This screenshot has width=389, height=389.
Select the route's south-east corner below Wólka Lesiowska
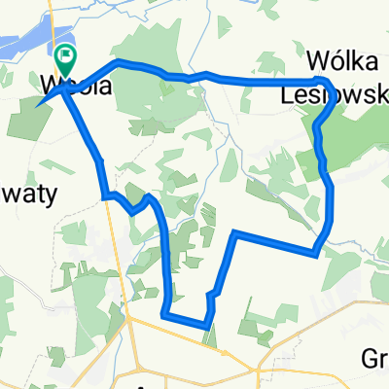tap(314, 255)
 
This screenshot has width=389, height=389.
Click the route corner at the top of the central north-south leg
tap(234, 232)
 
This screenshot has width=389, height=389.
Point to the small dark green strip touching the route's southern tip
tap(210, 336)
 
